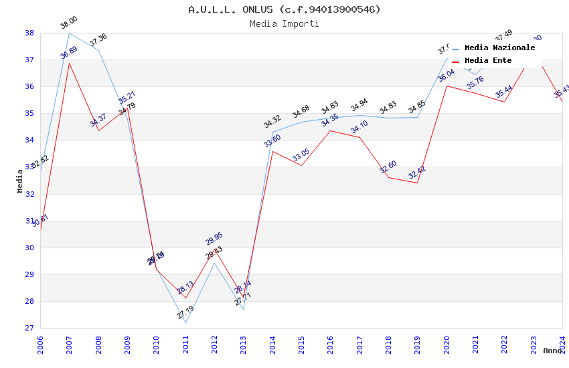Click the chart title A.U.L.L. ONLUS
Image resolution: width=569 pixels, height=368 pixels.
[x=284, y=9]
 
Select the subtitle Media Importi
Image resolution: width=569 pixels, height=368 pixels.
[x=284, y=23]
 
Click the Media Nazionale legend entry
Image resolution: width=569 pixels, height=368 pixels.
[x=499, y=48]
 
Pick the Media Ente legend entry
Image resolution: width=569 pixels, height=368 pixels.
[x=488, y=60]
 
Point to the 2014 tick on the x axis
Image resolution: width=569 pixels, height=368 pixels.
[x=272, y=344]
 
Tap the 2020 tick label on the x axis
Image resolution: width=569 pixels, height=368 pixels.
[x=446, y=344]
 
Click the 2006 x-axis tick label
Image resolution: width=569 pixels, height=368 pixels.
[x=40, y=344]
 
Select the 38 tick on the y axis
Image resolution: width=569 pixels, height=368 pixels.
[x=29, y=33]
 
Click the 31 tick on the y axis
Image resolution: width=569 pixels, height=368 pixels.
[x=29, y=221]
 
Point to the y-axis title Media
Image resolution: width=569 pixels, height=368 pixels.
[x=20, y=181]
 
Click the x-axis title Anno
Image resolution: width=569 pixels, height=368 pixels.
[x=552, y=351]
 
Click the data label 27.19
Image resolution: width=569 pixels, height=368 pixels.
[x=185, y=312]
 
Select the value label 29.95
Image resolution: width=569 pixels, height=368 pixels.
[x=214, y=239]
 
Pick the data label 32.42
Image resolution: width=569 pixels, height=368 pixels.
[x=417, y=171]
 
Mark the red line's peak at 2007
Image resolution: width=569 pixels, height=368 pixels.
[x=69, y=63]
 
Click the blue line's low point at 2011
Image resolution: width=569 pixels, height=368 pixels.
[x=185, y=323]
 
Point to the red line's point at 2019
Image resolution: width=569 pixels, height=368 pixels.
[x=418, y=183]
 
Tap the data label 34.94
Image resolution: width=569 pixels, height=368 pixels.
[x=359, y=106]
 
